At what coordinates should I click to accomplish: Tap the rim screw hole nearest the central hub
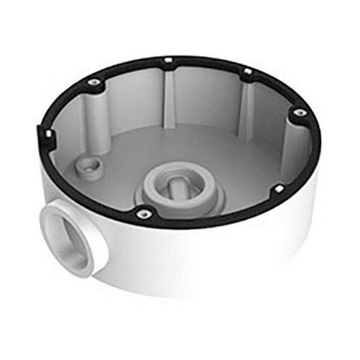pos(143,214)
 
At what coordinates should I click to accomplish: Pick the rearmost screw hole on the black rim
pos(168,60)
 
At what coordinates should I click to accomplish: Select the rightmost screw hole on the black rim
pos(298,112)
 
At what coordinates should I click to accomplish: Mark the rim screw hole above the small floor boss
pos(93,82)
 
